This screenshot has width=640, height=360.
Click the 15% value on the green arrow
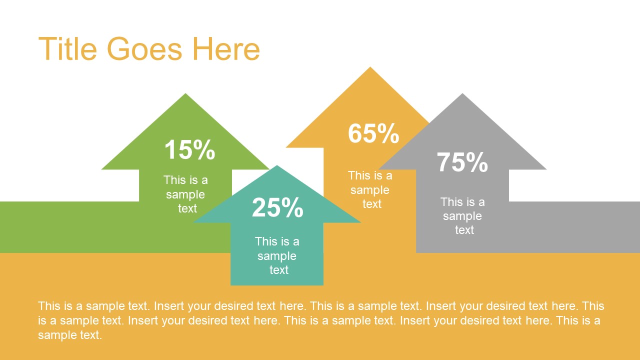189,149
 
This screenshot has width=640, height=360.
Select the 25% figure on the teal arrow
277,207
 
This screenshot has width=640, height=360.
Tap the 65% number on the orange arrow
373,133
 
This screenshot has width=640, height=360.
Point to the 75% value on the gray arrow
462,162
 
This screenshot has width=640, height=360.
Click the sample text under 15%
185,194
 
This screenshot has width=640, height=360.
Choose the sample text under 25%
277,255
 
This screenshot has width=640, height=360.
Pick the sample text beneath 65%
370,189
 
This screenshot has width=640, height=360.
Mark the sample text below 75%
462,215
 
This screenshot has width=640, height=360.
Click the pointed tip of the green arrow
185,94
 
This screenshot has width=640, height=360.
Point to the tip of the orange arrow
370,68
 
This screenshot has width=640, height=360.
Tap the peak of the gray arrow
462,94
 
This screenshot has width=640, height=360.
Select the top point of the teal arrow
277,166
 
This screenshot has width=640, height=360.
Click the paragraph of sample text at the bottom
320,320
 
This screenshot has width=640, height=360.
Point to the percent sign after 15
204,149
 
